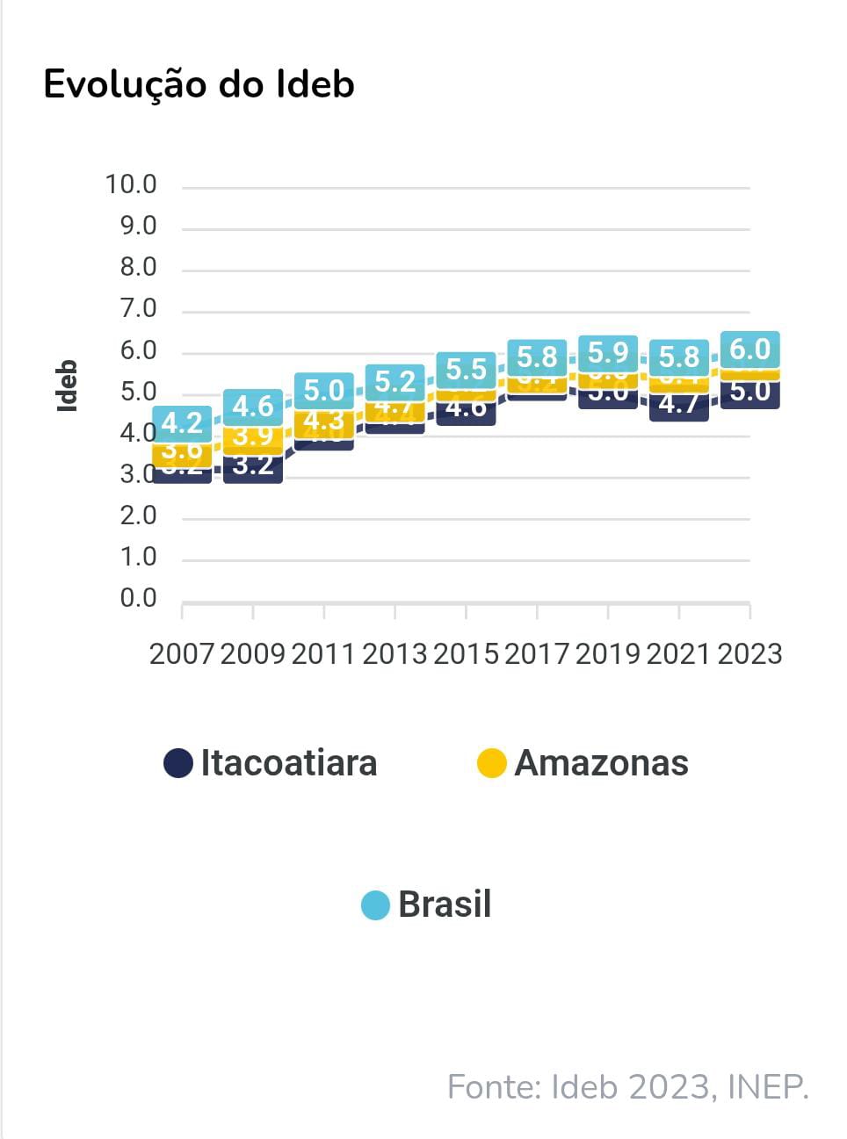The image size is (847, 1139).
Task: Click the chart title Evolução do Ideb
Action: [x=199, y=84]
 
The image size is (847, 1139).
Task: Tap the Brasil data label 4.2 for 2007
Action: [x=182, y=423]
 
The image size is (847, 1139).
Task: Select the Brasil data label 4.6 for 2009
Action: [x=253, y=406]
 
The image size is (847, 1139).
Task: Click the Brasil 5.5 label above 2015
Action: [x=466, y=369]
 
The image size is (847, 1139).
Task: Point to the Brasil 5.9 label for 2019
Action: [x=608, y=352]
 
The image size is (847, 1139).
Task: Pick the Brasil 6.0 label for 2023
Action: [x=749, y=349]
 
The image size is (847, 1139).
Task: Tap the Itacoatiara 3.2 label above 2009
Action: [x=253, y=465]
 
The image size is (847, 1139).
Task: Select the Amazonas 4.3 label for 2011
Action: [x=323, y=421]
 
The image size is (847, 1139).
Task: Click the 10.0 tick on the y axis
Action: [x=131, y=184]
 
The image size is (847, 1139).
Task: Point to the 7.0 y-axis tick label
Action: [x=138, y=308]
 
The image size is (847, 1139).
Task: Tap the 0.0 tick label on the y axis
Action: [x=138, y=598]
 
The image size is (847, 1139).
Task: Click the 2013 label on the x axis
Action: [x=395, y=654]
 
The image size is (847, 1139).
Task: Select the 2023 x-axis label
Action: [x=749, y=654]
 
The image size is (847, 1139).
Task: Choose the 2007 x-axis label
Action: [x=182, y=654]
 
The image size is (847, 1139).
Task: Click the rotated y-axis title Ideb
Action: [x=67, y=386]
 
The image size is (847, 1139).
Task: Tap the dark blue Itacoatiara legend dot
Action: [x=178, y=762]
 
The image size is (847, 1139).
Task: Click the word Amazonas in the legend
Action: [x=601, y=762]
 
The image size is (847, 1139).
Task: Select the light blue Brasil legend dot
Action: [x=375, y=905]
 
